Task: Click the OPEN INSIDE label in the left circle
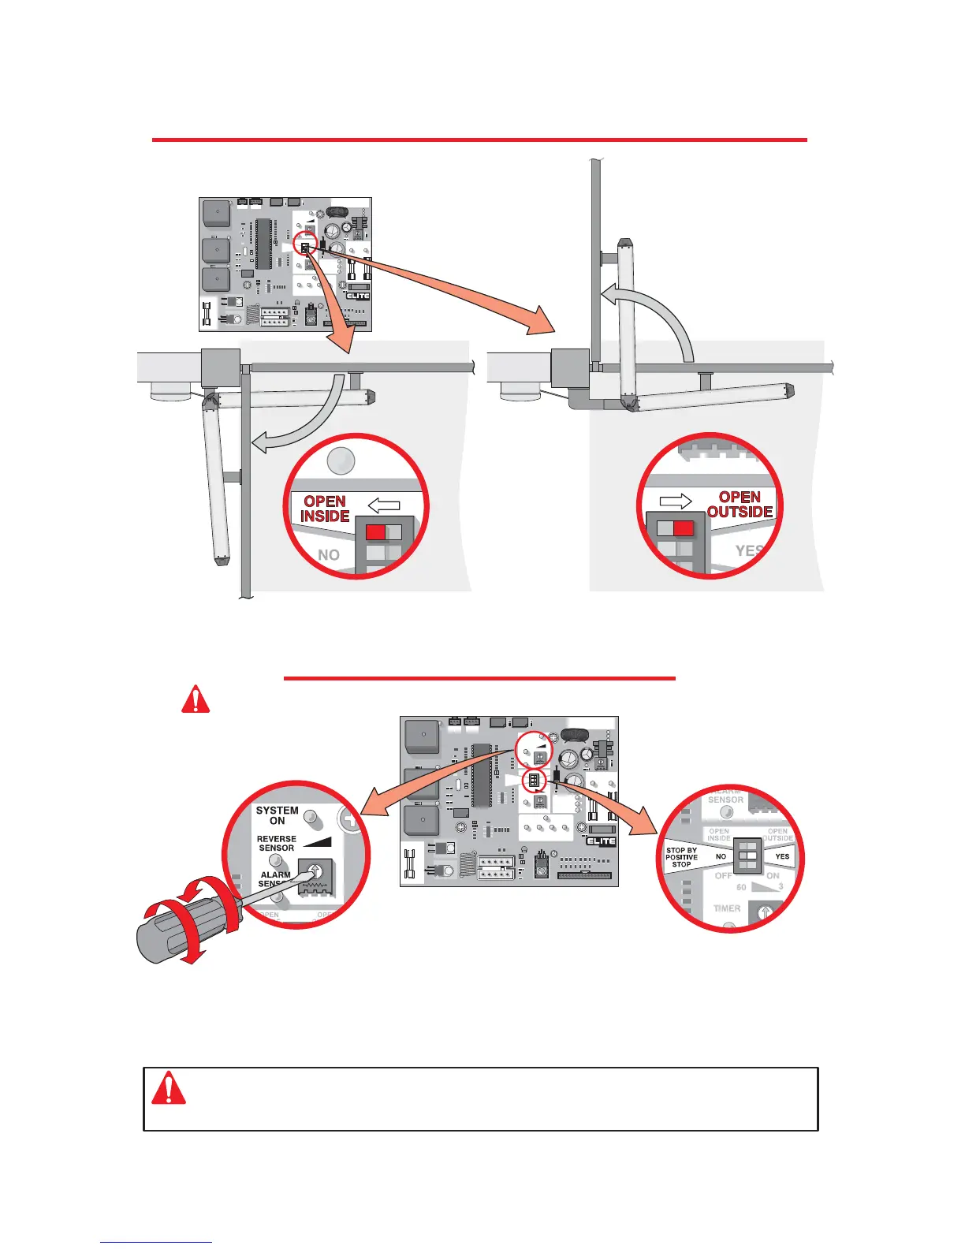(x=325, y=509)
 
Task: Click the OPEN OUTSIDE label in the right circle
(x=740, y=505)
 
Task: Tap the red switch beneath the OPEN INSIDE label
(x=376, y=532)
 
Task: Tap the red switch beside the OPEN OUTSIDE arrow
(x=684, y=528)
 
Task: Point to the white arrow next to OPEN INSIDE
(x=384, y=505)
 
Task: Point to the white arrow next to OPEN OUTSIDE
(x=676, y=501)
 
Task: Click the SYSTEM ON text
(x=277, y=815)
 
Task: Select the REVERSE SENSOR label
(x=276, y=844)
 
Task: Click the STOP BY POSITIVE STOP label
(x=681, y=857)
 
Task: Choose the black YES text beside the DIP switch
(x=782, y=856)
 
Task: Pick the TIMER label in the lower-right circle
(x=727, y=908)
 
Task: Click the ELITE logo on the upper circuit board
(x=357, y=296)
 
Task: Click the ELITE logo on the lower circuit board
(x=601, y=841)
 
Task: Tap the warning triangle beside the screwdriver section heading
(x=196, y=699)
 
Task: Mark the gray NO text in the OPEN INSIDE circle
(x=329, y=555)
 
